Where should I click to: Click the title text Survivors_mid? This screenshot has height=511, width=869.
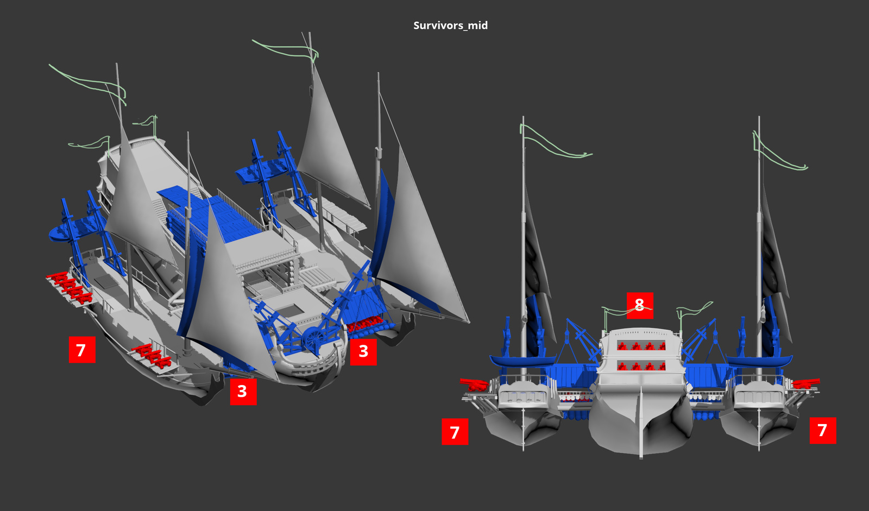450,26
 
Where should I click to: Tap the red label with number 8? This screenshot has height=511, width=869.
639,305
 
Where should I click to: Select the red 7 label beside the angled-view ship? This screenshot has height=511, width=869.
81,350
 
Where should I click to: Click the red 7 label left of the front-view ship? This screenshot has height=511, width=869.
455,432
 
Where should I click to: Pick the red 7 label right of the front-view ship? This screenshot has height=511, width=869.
822,430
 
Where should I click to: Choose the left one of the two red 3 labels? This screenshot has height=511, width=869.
242,391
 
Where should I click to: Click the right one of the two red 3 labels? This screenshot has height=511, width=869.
363,351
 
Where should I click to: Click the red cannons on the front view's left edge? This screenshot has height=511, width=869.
475,384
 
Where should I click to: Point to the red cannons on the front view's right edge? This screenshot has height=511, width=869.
806,383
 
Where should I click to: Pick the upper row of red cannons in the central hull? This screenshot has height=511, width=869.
641,346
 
